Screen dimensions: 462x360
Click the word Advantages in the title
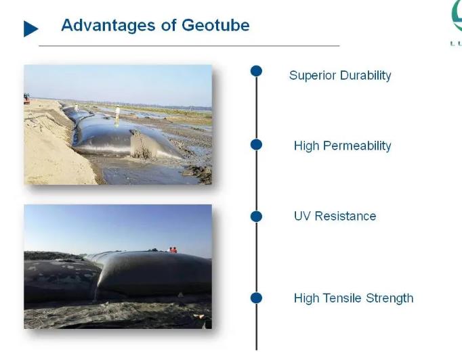(108, 26)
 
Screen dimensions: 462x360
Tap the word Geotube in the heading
(215, 25)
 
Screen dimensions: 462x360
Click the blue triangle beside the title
(31, 29)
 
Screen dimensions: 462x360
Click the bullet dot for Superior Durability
(256, 71)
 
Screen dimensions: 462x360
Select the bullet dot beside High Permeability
(256, 145)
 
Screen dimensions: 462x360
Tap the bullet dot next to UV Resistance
(256, 217)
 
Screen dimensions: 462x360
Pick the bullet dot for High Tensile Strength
(256, 298)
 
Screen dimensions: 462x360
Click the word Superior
(312, 76)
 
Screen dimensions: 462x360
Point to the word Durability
(366, 75)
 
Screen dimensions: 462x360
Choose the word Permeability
(357, 146)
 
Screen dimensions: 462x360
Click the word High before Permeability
(306, 146)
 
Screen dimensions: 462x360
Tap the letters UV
(302, 216)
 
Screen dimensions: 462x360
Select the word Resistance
(345, 216)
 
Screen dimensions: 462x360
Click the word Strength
(390, 298)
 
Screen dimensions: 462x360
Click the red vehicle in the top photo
(26, 99)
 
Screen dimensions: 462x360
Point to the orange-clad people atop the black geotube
(172, 250)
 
